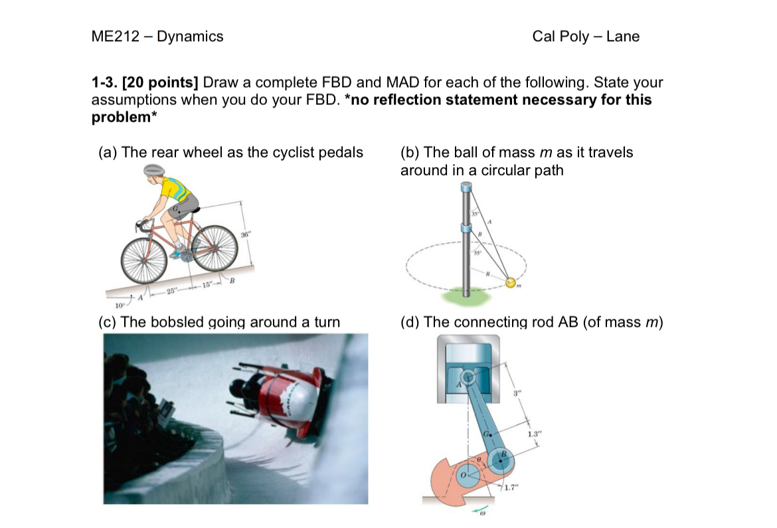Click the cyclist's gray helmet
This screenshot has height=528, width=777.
pos(154,170)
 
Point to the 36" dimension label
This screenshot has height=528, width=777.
pos(246,235)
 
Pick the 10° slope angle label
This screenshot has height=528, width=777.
pos(120,306)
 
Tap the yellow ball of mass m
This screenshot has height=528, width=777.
pos(511,283)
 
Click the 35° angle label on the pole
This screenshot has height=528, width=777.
pos(475,213)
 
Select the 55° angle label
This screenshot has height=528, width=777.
pos(477,252)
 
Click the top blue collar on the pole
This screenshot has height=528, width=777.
pos(466,189)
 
